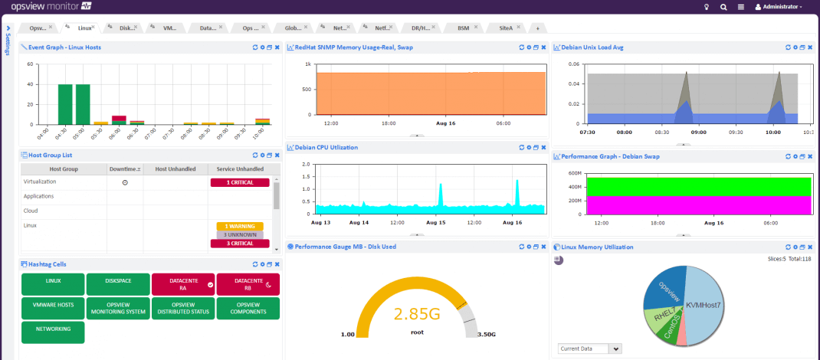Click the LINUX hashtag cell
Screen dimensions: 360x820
[53, 284]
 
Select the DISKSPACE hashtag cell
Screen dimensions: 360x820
[118, 284]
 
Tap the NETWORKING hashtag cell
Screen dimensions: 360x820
[53, 332]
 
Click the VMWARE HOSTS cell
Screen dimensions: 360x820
[53, 308]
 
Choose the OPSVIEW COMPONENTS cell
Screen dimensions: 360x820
[248, 308]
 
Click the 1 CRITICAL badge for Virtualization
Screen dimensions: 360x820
[239, 183]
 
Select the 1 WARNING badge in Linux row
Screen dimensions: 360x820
[239, 226]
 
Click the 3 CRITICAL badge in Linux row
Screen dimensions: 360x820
[239, 244]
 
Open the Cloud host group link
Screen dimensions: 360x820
[31, 211]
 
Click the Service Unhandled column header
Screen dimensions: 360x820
[240, 169]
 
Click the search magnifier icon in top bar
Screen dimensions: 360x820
[723, 7]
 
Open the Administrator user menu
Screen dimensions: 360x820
[779, 7]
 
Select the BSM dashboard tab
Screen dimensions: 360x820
[463, 28]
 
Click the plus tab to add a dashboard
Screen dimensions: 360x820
[538, 28]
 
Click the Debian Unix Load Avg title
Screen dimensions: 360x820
[592, 47]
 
